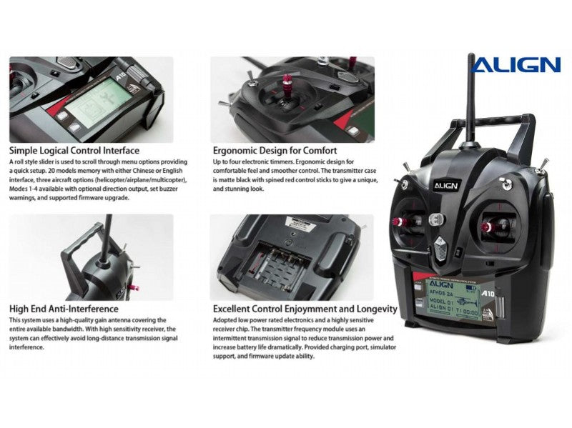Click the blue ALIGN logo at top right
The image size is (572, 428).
(516, 65)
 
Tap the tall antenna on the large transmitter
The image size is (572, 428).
(471, 100)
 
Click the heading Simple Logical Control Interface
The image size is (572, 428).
(74, 151)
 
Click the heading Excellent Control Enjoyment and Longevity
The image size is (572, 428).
(305, 309)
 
